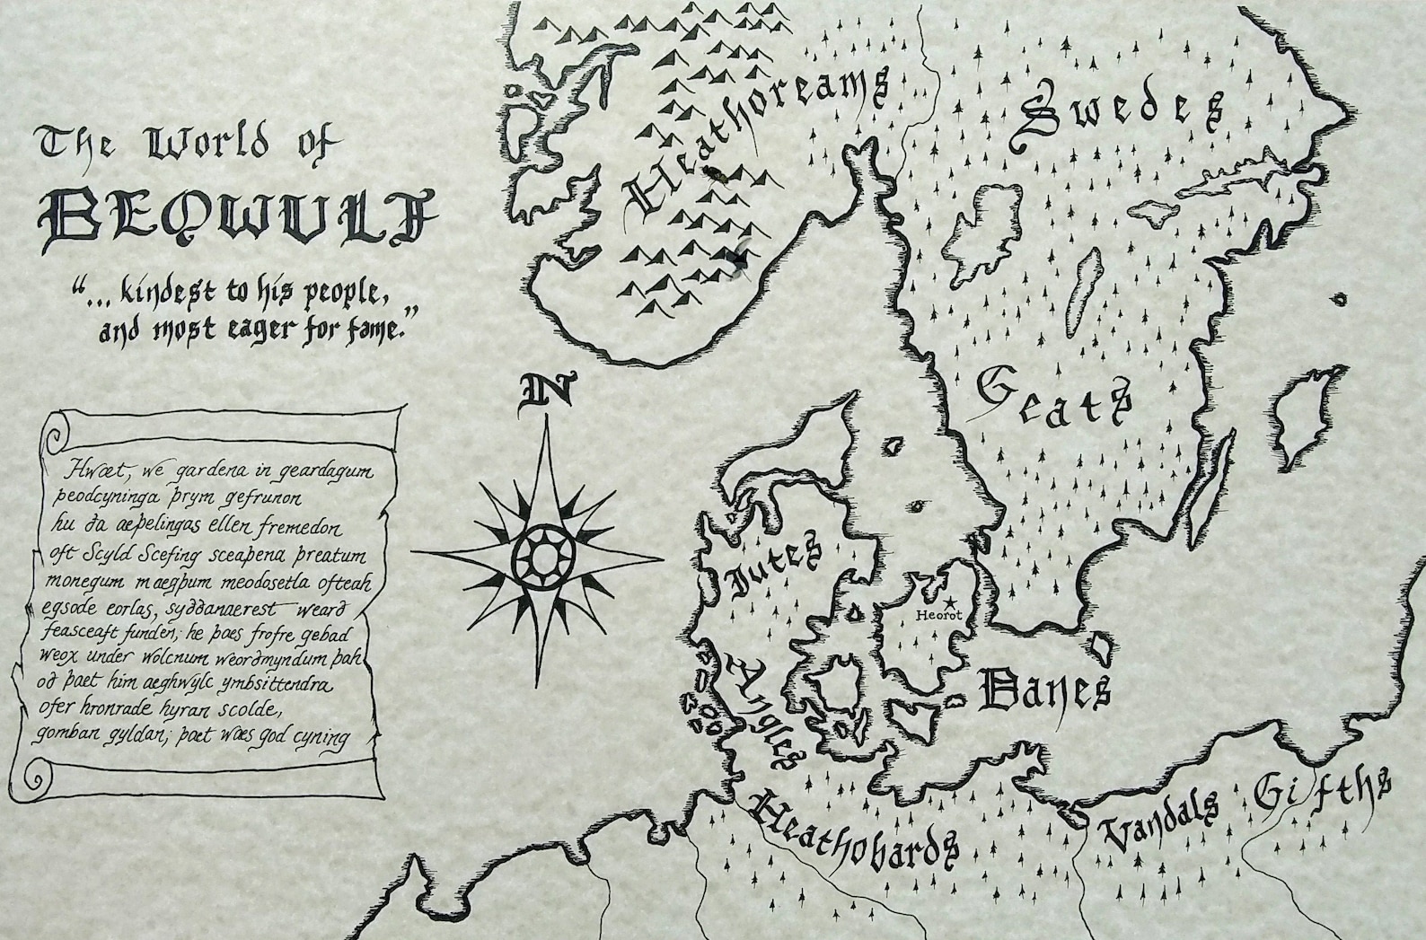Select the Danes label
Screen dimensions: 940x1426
pyautogui.click(x=1043, y=690)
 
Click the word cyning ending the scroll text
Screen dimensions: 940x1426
pyautogui.click(x=318, y=738)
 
